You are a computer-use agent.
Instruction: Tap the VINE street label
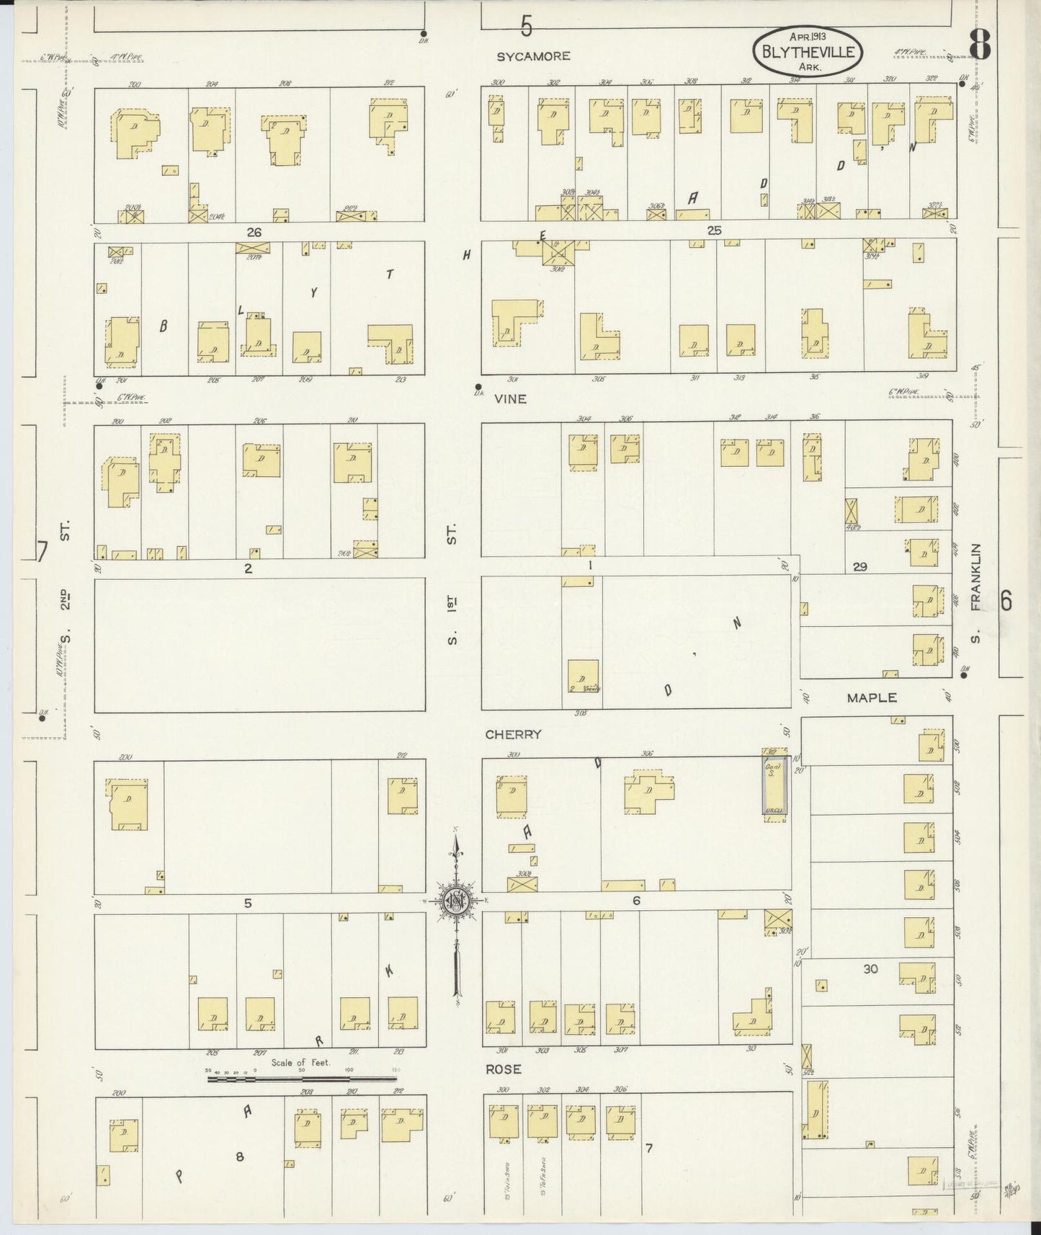coord(510,398)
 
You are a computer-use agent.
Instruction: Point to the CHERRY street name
coord(513,734)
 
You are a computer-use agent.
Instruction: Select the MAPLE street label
coord(872,697)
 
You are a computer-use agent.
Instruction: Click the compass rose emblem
coord(456,901)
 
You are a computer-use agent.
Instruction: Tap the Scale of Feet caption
coord(300,1062)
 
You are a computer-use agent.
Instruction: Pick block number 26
coord(253,232)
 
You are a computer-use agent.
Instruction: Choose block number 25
coord(713,231)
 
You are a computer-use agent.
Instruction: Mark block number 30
coord(870,969)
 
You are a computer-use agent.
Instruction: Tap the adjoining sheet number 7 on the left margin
coord(42,552)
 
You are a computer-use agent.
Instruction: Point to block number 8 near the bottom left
coord(240,1157)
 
